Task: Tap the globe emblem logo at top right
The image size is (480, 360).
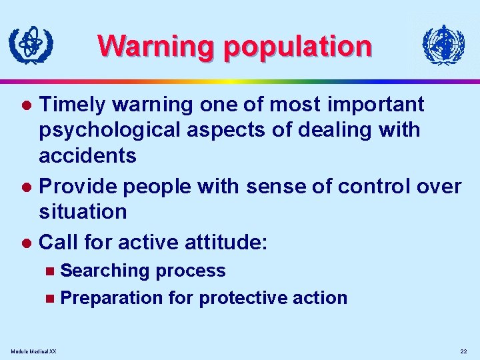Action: pyautogui.click(x=443, y=45)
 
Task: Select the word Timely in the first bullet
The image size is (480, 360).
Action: pyautogui.click(x=73, y=105)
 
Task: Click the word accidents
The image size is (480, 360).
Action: pyautogui.click(x=87, y=155)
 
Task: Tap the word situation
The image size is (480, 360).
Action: pyautogui.click(x=83, y=212)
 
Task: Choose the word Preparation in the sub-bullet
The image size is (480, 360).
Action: pyautogui.click(x=111, y=297)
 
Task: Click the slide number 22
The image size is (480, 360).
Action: pyautogui.click(x=464, y=351)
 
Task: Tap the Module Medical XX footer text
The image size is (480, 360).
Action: pyautogui.click(x=34, y=351)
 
